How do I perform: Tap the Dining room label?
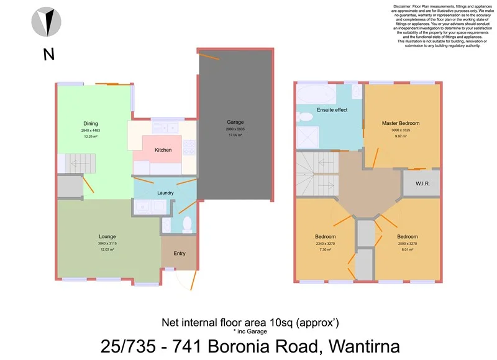point(91,123)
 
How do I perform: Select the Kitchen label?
point(163,150)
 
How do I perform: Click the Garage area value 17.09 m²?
point(235,135)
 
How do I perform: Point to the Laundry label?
point(165,193)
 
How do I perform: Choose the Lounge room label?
point(107,236)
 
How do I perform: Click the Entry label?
point(179,253)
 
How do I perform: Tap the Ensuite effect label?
point(332,110)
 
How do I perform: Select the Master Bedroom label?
point(400,123)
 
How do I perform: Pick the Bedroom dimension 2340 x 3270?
point(325,244)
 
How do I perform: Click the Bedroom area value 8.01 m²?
point(407,249)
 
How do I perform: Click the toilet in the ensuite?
point(305,116)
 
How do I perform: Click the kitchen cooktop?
point(189,148)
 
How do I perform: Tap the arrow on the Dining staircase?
point(76,165)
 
